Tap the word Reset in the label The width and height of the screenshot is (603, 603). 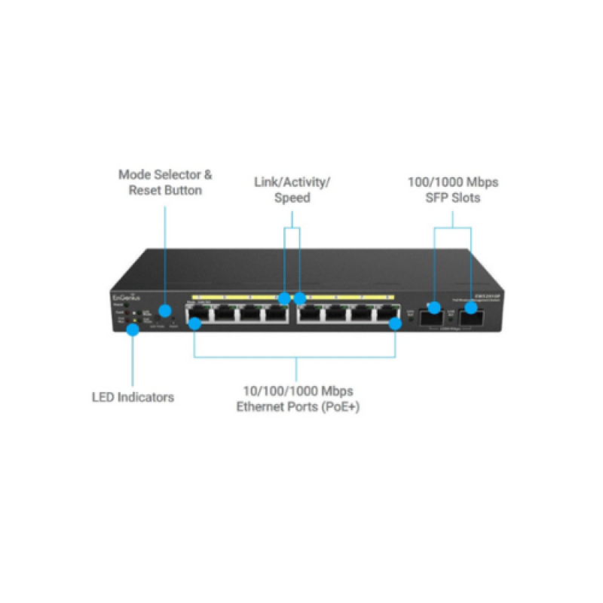coord(145,191)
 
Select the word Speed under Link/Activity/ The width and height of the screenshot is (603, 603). coord(292,198)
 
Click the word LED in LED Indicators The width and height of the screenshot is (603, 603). coord(103,396)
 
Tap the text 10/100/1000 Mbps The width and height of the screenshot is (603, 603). coord(297,391)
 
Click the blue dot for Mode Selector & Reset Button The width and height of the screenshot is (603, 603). coord(164,311)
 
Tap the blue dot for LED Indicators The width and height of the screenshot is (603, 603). coord(133,329)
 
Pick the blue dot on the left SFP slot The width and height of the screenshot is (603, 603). coord(434,307)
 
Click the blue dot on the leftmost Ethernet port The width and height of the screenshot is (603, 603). coord(194,324)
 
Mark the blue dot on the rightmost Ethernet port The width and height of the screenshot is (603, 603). coord(395,324)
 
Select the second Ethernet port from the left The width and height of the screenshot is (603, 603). coord(225,316)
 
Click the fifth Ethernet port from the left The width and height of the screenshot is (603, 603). coord(309,316)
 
